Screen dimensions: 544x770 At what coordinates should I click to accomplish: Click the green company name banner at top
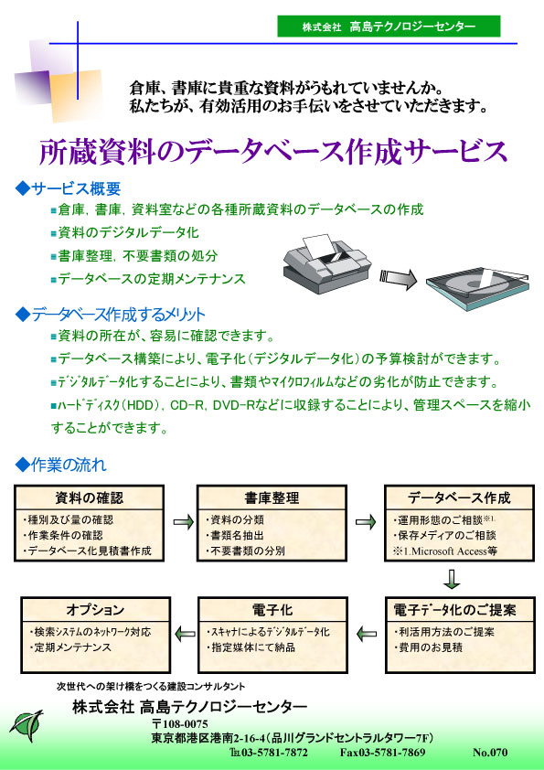pos(389,26)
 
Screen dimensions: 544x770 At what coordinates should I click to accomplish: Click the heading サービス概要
pos(69,188)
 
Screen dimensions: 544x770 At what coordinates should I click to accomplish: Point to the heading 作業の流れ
pos(61,465)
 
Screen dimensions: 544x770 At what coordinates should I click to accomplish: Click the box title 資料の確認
pos(89,497)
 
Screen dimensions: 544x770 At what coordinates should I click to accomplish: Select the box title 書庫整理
pos(272,497)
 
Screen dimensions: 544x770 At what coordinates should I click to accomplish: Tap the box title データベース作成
pos(459,497)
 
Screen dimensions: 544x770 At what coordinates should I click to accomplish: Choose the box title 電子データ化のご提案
pos(454,609)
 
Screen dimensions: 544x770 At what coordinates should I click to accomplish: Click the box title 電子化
pos(272,609)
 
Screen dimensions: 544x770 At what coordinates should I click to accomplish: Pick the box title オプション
pos(95,609)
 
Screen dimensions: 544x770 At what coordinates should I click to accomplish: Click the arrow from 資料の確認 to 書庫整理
pos(184,521)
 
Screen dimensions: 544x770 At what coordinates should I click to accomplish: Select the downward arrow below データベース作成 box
pos(452,579)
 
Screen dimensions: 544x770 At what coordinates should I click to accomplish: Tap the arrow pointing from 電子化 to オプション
pos(185,634)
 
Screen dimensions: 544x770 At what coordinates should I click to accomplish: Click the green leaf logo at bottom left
pos(27,725)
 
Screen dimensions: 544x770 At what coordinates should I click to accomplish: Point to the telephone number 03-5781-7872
pos(275,753)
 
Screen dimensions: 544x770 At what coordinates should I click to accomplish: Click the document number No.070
pos(490,753)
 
